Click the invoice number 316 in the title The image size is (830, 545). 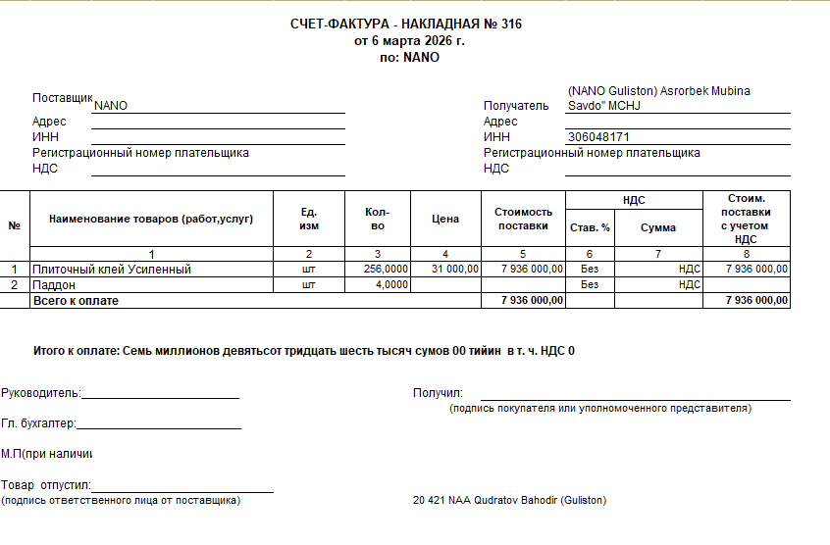tap(510, 25)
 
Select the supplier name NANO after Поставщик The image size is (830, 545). tap(111, 106)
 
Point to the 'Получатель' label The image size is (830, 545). tap(516, 106)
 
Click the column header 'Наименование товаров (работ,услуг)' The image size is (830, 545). tap(151, 219)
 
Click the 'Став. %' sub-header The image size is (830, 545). tap(590, 227)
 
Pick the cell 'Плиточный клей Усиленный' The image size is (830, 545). tap(112, 269)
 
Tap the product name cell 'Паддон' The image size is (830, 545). tap(54, 284)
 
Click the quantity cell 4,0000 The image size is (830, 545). tap(391, 284)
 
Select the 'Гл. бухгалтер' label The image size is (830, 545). tap(38, 423)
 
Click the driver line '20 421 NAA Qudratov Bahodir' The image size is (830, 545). tap(509, 501)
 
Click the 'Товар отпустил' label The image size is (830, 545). tap(45, 485)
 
